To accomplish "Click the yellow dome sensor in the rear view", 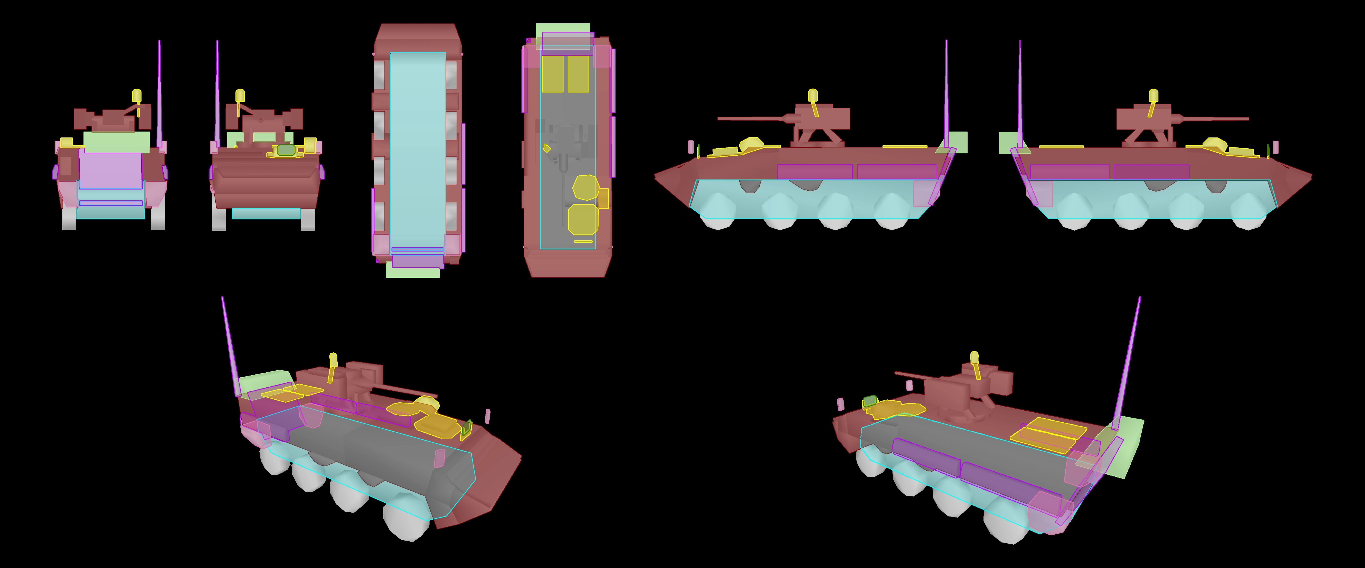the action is coord(137,95).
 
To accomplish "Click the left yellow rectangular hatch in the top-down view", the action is coord(552,74).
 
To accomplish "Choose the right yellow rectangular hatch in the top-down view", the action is coord(578,74).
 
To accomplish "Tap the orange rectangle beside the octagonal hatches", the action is coord(604,199).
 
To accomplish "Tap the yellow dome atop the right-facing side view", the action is coord(1153,95).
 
